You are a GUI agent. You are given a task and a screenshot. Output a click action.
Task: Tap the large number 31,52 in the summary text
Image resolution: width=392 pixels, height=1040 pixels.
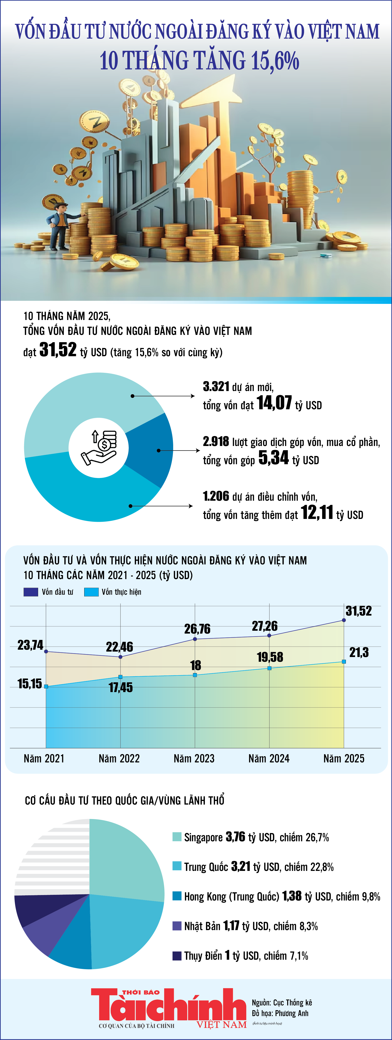(58, 350)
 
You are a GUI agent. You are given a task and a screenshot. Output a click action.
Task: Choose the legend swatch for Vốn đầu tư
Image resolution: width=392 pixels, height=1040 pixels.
(31, 592)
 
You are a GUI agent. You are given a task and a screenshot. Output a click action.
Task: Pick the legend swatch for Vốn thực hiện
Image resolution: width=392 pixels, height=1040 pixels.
(91, 592)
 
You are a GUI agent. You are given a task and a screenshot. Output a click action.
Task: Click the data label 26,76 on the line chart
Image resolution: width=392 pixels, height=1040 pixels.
(197, 629)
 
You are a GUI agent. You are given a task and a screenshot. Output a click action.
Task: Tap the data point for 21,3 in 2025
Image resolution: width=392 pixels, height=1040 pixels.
(344, 661)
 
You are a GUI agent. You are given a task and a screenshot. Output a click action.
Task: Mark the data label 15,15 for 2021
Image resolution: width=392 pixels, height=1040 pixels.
(29, 684)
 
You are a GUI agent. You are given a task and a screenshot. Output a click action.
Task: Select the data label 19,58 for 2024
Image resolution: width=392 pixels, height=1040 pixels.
(270, 657)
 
